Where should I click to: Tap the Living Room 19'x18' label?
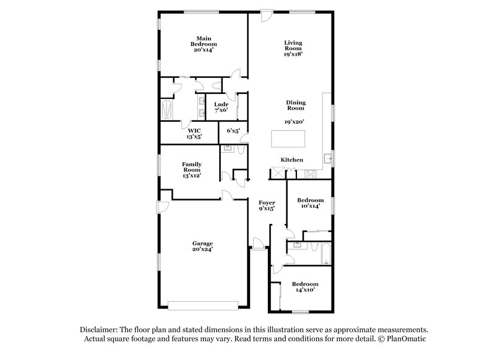click(293, 48)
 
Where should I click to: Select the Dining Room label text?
click(296, 106)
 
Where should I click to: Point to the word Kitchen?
click(292, 160)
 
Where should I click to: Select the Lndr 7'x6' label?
click(222, 108)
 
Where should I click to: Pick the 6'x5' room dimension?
click(233, 131)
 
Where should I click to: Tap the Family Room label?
click(191, 169)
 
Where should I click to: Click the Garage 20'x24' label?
click(202, 246)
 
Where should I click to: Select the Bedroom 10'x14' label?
click(310, 203)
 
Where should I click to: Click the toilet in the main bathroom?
click(217, 85)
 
